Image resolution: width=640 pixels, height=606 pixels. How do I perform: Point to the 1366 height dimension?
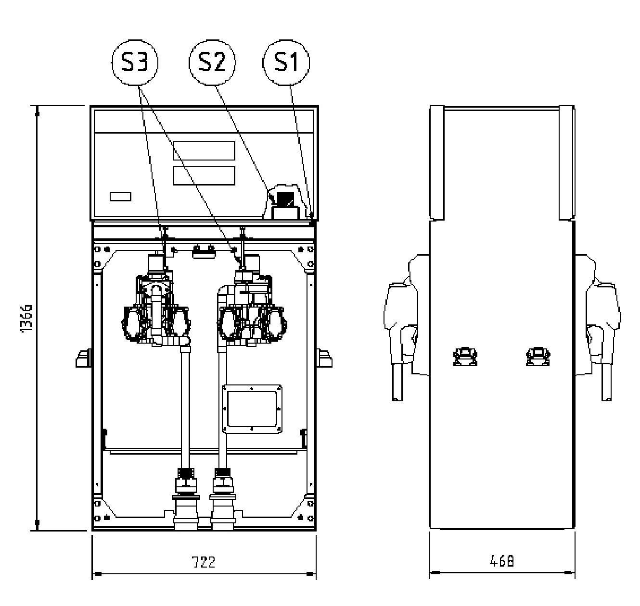tap(26, 318)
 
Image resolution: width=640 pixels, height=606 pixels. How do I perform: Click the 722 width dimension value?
tap(204, 562)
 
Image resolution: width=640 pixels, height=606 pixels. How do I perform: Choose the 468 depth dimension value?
tap(501, 561)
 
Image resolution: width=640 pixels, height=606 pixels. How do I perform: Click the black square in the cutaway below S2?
tap(285, 199)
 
